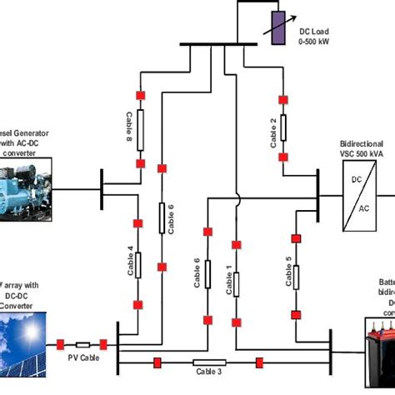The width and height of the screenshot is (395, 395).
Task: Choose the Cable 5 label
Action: [287, 273]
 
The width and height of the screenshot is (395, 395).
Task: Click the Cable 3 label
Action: [208, 372]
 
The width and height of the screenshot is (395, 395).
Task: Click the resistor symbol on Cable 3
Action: [208, 362]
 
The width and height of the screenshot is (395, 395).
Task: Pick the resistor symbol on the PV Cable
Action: [82, 344]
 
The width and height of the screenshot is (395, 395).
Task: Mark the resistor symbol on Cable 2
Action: [283, 128]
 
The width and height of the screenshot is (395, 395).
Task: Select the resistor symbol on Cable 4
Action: [140, 265]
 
